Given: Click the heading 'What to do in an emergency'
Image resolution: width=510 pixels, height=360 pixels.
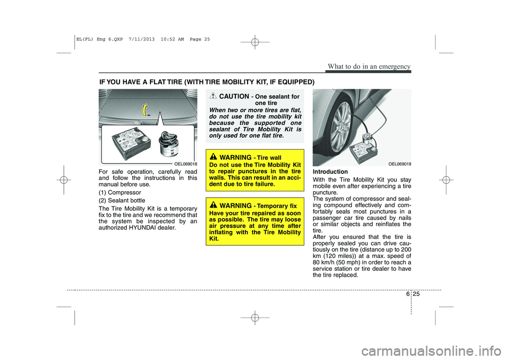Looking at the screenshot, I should click(370, 66).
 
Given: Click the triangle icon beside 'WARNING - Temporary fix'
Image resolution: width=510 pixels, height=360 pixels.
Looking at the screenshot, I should click(212, 204).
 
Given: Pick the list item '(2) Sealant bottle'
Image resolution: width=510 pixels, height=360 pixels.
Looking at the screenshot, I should click(123, 200).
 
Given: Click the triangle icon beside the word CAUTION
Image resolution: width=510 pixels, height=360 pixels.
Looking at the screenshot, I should click(212, 96).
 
